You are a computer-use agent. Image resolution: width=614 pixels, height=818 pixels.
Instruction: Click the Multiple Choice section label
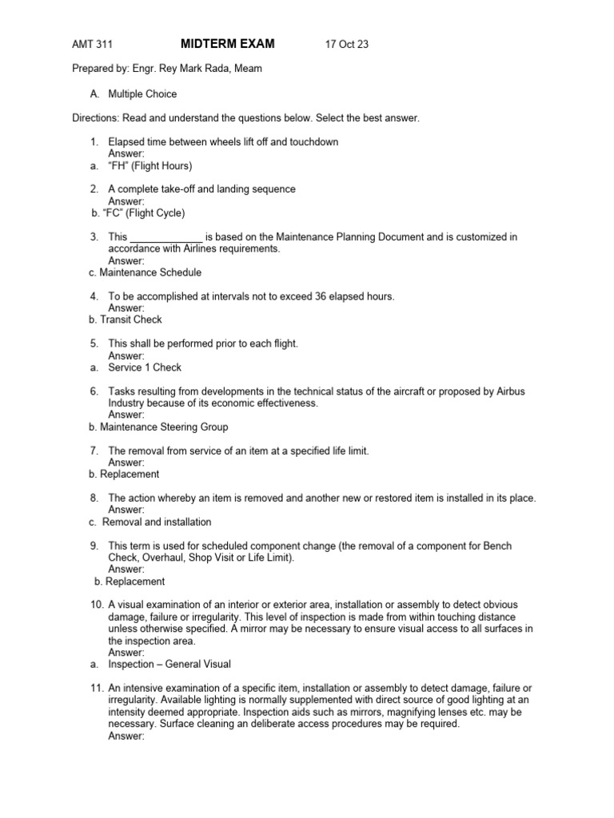142,94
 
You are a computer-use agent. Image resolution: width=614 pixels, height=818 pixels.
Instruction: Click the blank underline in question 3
166,237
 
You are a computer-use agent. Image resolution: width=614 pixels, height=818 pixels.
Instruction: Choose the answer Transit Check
130,320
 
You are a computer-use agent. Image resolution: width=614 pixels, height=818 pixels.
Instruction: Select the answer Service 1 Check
145,367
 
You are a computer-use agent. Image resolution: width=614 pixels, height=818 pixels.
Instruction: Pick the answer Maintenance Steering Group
164,427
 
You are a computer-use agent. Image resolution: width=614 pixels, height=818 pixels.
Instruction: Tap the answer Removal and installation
157,522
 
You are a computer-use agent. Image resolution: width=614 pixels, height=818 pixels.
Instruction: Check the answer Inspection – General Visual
169,665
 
